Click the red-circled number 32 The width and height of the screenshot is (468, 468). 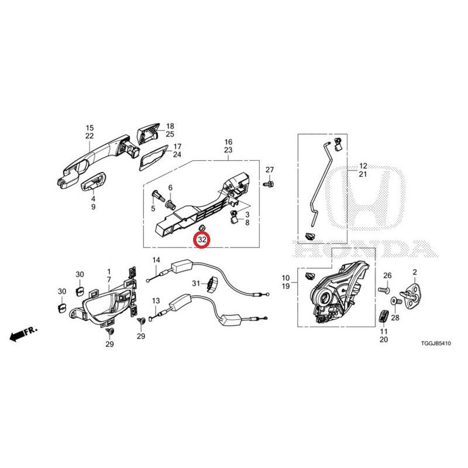coord(202,239)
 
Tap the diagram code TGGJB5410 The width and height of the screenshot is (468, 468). coord(436,343)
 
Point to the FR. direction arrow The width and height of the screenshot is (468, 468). coord(23,334)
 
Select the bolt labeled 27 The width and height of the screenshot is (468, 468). coord(269,183)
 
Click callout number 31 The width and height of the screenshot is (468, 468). coord(196,283)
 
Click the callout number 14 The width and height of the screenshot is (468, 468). coord(156,260)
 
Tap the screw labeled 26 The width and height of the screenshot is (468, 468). coord(384,290)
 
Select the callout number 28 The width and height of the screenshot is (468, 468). coord(395,318)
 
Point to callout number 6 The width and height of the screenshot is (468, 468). coord(170,188)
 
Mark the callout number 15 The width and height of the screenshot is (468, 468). coord(90,128)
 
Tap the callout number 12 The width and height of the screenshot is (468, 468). coord(363,166)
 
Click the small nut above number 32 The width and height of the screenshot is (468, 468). coord(202,228)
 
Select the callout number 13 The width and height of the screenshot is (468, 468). coord(156,301)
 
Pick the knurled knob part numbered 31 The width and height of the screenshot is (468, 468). coord(212,284)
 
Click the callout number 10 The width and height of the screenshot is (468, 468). coord(285,278)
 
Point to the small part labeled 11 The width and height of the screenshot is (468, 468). coord(384,316)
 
